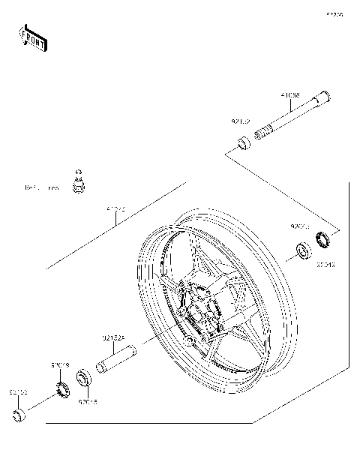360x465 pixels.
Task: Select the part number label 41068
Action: coord(290,96)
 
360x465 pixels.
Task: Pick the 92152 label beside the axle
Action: coord(241,119)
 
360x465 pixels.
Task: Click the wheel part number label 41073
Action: coord(115,209)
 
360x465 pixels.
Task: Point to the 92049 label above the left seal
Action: coord(60,365)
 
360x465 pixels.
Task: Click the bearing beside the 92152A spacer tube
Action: coord(85,377)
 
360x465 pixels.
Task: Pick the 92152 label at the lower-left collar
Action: coord(18,391)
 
